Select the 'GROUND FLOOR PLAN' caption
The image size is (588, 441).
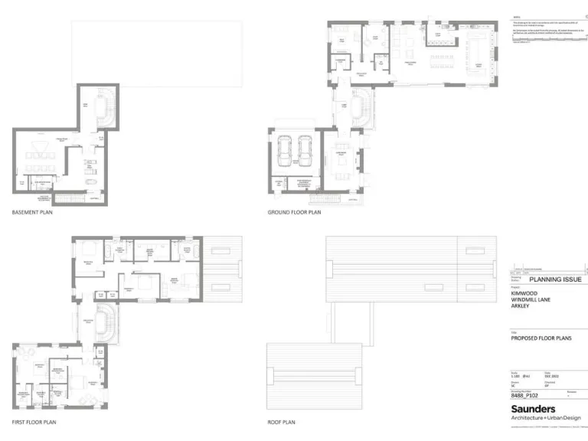coord(294,212)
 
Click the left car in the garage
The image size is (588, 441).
coord(286,150)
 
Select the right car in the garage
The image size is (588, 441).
coord(305,150)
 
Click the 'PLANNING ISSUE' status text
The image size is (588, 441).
coord(555,279)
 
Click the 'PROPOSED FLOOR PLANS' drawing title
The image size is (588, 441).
coord(541,338)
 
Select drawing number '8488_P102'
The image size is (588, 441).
coord(528,396)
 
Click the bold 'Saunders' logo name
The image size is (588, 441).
coord(533,409)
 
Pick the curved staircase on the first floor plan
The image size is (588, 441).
coord(107,324)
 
